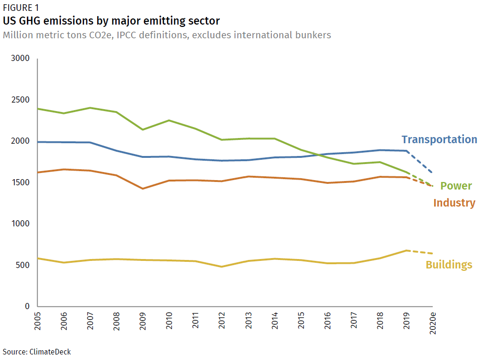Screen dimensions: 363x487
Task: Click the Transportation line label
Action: [439, 139]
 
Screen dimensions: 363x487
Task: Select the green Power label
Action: [456, 186]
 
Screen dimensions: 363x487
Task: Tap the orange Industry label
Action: [454, 203]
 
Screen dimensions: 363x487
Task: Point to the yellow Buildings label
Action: [449, 265]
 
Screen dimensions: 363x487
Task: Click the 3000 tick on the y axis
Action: [20, 59]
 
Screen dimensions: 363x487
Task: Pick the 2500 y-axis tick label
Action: [20, 100]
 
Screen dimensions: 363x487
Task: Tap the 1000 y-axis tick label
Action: [20, 224]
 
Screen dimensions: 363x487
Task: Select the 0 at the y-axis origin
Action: [27, 306]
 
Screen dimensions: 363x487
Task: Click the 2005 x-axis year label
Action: [37, 323]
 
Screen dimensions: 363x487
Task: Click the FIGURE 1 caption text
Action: [21, 8]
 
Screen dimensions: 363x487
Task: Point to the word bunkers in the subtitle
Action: [312, 35]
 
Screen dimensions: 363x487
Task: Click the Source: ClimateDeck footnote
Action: [37, 352]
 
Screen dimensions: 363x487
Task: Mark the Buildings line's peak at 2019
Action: [406, 251]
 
